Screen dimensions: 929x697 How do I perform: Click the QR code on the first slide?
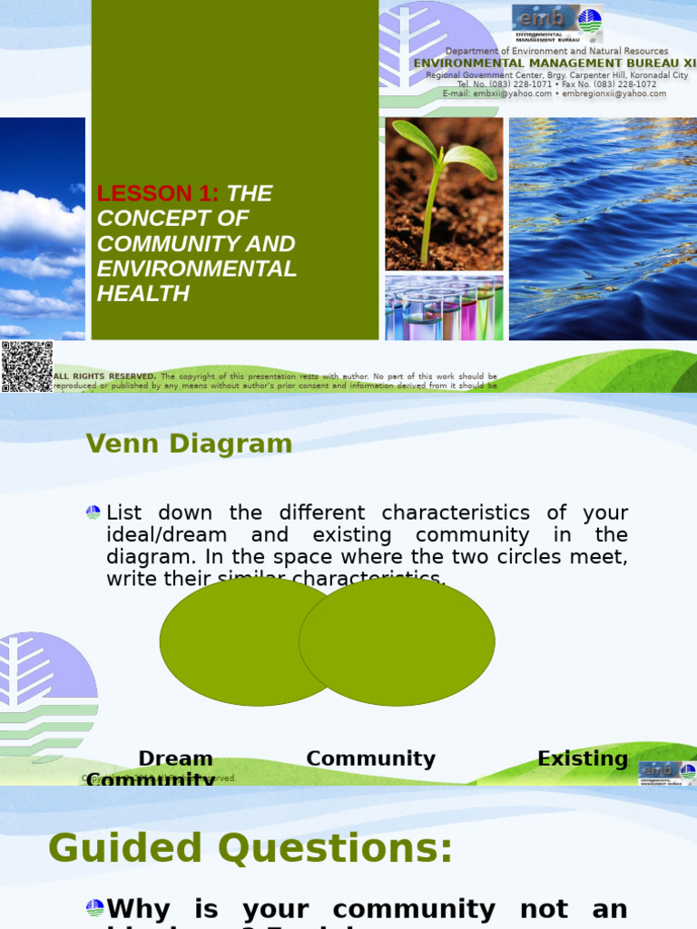26,366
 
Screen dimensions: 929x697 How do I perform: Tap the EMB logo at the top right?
557,23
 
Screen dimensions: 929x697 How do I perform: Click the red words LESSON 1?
158,193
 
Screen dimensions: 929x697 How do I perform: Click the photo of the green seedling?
444,193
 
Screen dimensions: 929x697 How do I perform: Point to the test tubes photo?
444,308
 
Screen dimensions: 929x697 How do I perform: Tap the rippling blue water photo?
603,228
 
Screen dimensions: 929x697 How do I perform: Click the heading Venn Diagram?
189,444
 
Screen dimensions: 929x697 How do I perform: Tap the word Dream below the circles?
175,758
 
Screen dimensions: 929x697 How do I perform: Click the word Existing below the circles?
583,758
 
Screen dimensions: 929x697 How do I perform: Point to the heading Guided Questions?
250,849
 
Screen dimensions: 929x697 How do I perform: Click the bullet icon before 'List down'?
93,513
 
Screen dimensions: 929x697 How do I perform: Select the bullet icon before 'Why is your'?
94,908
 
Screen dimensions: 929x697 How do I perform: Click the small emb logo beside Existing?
667,772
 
